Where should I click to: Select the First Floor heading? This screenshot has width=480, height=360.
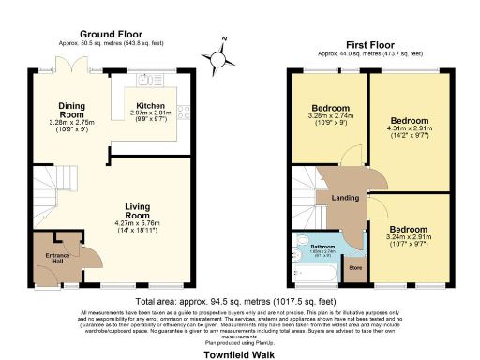(369, 43)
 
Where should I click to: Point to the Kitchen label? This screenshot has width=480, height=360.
(151, 105)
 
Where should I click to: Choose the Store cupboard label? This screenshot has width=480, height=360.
(354, 267)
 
